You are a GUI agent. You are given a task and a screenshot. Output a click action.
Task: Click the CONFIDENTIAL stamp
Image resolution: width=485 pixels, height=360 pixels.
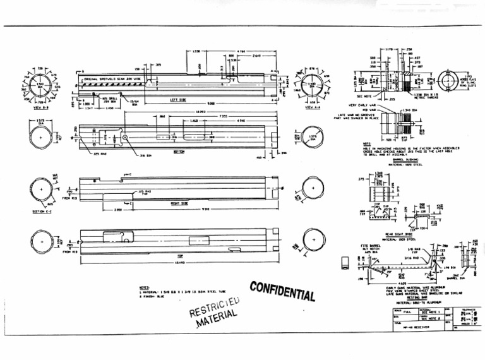point(282,291)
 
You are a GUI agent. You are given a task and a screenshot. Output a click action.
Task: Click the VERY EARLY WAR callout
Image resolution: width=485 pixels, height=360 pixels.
point(361,105)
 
